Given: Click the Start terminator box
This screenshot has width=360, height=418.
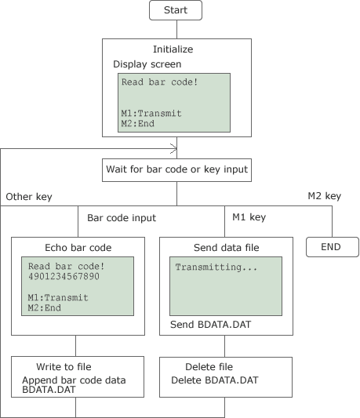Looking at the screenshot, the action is (176, 10).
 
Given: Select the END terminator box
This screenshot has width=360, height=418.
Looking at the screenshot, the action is (333, 247).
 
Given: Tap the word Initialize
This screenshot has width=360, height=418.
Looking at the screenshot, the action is (173, 49).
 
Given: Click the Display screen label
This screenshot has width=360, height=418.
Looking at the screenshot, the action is (147, 64).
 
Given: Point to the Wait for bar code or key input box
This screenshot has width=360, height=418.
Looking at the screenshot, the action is (176, 170).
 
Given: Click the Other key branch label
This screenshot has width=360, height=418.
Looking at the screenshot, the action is (29, 197).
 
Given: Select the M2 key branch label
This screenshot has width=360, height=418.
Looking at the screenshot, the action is (324, 196).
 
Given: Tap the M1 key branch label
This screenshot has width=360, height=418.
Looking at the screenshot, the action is (249, 217).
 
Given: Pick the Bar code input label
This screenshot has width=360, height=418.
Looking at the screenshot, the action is (122, 218).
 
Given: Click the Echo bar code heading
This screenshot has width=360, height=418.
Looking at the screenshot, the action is (78, 248).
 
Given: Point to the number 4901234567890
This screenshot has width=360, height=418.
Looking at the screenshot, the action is (64, 276).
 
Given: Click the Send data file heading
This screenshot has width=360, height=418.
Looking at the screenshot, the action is (227, 248).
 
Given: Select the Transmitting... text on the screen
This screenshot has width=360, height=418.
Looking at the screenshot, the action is (216, 267).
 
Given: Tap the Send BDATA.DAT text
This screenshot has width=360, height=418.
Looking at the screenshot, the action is (211, 325).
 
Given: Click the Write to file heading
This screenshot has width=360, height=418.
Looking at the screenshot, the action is (64, 367).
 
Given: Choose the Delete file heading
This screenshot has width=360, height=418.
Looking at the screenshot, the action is (209, 367).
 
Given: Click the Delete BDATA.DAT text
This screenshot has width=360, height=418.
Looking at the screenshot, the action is (215, 380).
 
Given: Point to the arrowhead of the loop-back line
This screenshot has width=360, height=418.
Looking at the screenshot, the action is (173, 149).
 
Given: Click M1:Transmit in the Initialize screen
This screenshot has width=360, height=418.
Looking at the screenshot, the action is (151, 113).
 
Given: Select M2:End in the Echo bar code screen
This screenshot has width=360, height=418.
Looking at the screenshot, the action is (44, 308).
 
